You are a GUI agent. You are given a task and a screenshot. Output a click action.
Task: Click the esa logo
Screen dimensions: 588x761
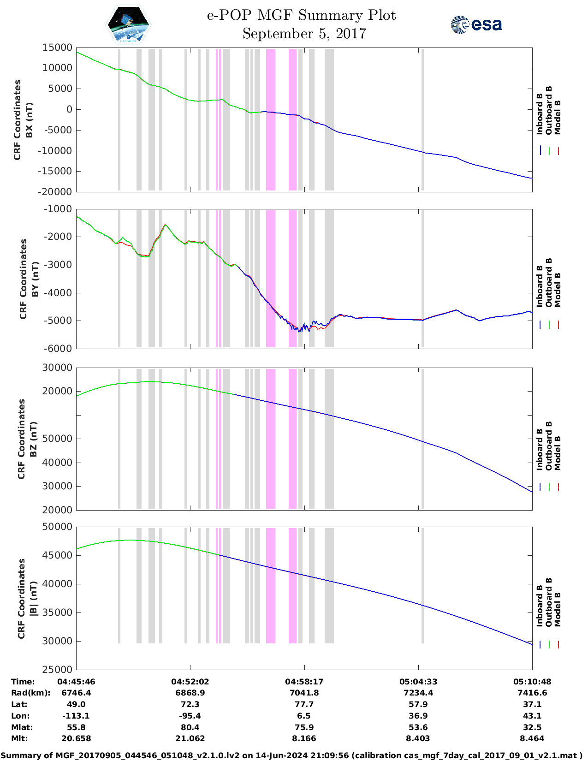coord(476,24)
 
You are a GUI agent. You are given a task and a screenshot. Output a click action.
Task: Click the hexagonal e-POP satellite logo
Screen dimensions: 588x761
coord(128,24)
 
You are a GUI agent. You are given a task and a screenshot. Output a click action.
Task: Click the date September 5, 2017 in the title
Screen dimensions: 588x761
coord(304,34)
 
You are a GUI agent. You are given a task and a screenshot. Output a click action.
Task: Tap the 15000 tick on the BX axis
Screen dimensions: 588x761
coord(57,48)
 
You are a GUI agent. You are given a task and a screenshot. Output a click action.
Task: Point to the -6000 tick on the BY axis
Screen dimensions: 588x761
coord(58,348)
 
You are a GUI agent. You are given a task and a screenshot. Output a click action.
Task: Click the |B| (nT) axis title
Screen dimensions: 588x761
coord(33,599)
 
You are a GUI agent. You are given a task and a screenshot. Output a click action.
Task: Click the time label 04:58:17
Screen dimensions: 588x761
coord(304,681)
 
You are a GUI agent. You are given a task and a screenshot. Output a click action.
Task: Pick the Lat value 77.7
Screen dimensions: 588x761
coord(304,704)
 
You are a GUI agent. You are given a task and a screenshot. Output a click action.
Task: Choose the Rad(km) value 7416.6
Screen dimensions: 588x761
coord(532,692)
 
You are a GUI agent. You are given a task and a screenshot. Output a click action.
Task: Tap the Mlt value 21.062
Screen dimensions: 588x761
coord(190,738)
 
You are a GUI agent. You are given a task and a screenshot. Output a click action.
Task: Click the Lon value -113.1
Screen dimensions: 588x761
coord(76,715)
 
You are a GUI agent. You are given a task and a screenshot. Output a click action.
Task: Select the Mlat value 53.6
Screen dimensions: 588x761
coord(418,727)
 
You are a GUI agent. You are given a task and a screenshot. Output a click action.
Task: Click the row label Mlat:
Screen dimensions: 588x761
coord(22,727)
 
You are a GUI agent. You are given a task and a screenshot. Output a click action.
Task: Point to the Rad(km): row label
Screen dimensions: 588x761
coord(31,692)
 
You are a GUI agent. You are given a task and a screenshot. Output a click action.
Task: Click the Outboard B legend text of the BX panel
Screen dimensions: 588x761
coord(548,110)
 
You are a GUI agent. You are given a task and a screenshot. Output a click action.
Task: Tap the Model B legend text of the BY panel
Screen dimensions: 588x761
coord(558,290)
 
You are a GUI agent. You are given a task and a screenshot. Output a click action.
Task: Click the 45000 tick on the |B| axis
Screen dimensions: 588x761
coord(57,555)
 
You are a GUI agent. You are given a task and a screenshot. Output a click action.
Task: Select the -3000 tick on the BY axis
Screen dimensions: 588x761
coord(58,264)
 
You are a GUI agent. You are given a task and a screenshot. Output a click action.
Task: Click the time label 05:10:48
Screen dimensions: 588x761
coord(532,681)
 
